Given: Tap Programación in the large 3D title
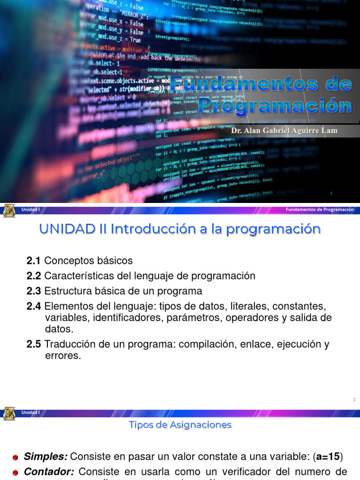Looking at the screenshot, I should pyautogui.click(x=275, y=105).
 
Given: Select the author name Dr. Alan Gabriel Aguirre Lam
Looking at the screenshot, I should pyautogui.click(x=284, y=130).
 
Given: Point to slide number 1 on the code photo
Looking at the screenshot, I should pyautogui.click(x=331, y=193).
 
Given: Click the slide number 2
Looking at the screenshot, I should pyautogui.click(x=354, y=400).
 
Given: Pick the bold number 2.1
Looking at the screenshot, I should pyautogui.click(x=34, y=261).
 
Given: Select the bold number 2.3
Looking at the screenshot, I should pyautogui.click(x=34, y=291).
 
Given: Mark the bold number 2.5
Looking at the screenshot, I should pyautogui.click(x=34, y=345).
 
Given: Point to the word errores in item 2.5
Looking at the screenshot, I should pyautogui.click(x=59, y=356).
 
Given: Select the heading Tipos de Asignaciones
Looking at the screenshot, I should pyautogui.click(x=180, y=425).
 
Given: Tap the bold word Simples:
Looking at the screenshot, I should pyautogui.click(x=45, y=457).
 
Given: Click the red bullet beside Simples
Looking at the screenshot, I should pyautogui.click(x=15, y=457).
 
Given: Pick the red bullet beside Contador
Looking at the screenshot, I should pyautogui.click(x=15, y=472).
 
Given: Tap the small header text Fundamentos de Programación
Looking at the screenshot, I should pyautogui.click(x=320, y=210).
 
